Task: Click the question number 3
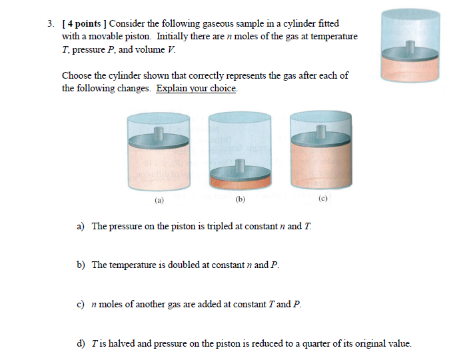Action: (51, 24)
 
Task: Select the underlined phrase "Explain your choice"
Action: (197, 88)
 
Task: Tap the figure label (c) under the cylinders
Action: (323, 198)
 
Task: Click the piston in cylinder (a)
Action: (159, 140)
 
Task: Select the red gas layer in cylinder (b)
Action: (240, 181)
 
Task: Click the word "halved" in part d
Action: (117, 344)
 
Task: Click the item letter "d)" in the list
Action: (81, 344)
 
